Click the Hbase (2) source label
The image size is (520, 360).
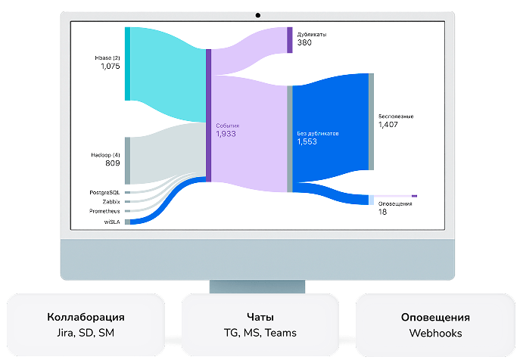pyautogui.click(x=107, y=58)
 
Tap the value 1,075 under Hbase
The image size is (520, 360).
pyautogui.click(x=111, y=67)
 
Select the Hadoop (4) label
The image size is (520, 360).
pyautogui.click(x=105, y=154)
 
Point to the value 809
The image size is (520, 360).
pyautogui.click(x=113, y=163)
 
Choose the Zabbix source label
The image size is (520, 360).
pyautogui.click(x=111, y=202)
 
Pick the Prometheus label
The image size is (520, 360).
pyautogui.click(x=104, y=211)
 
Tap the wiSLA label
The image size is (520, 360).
pyautogui.click(x=112, y=222)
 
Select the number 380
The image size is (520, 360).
pyautogui.click(x=304, y=43)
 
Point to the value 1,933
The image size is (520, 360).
pyautogui.click(x=226, y=134)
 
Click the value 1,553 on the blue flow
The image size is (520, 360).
pyautogui.click(x=307, y=141)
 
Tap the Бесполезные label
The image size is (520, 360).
pyautogui.click(x=396, y=116)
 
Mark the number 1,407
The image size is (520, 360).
pyautogui.click(x=388, y=125)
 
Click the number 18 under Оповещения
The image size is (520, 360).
pyautogui.click(x=382, y=213)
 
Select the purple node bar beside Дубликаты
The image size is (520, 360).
pyautogui.click(x=289, y=40)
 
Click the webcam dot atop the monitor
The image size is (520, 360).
pyautogui.click(x=258, y=14)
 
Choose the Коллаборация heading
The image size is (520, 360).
pyautogui.click(x=86, y=318)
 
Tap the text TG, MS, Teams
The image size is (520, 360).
pyautogui.click(x=260, y=333)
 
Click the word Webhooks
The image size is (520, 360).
pyautogui.click(x=434, y=333)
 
